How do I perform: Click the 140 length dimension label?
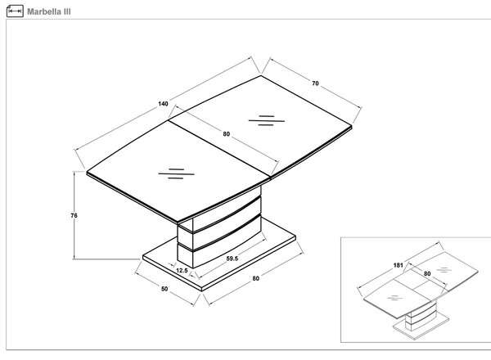click(163, 104)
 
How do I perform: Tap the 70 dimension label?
click(315, 83)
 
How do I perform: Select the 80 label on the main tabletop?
click(227, 134)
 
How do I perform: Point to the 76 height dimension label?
click(74, 215)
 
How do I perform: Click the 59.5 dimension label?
click(232, 259)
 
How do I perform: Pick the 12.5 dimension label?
click(182, 271)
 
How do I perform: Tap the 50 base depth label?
click(164, 289)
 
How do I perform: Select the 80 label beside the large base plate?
click(256, 278)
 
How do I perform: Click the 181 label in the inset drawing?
click(398, 265)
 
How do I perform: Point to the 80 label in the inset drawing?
click(427, 273)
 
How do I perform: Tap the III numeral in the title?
click(67, 12)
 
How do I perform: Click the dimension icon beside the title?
click(15, 11)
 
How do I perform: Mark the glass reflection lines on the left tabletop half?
click(176, 173)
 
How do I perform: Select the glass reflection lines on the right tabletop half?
click(267, 120)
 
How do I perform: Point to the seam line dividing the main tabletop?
click(219, 149)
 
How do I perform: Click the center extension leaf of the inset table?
click(421, 285)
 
